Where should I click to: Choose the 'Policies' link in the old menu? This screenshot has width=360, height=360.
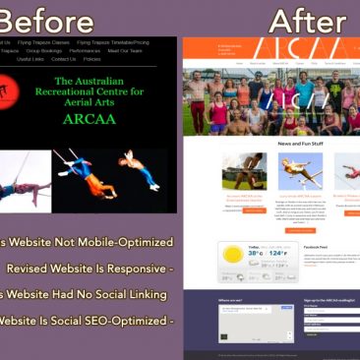[91, 59]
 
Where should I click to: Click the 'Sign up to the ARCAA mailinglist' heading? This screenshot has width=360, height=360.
[330, 300]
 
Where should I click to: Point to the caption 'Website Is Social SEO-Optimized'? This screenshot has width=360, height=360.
[86, 320]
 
